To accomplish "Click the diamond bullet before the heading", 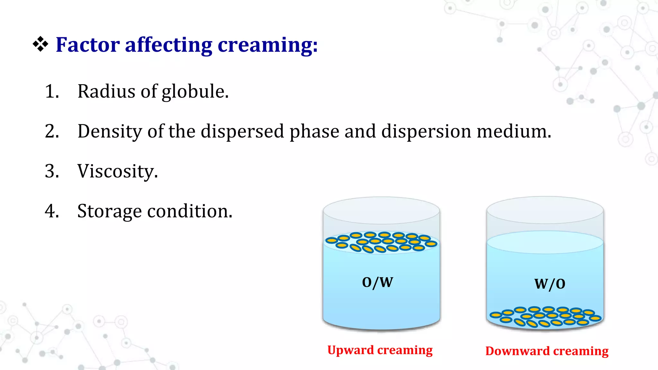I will click(x=40, y=44).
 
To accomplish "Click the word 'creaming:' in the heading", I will click(x=268, y=45).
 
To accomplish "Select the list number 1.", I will click(x=52, y=92).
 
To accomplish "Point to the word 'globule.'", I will click(x=195, y=92).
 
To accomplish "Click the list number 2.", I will click(x=52, y=131).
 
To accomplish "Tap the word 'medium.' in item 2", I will click(x=514, y=131).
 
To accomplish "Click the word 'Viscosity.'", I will click(x=118, y=172).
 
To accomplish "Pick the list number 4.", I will click(x=52, y=211).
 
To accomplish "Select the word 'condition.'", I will click(x=190, y=211).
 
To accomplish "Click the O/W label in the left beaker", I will click(x=378, y=282).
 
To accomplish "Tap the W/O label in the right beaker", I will click(x=550, y=284).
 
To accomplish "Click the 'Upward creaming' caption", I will click(x=380, y=350).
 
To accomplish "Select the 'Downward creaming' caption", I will click(x=547, y=351).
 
